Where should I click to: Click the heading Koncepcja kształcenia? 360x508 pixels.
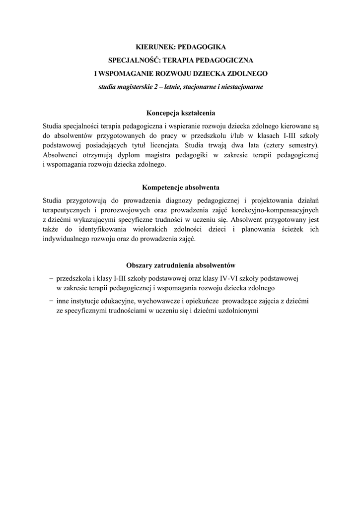click(x=181, y=113)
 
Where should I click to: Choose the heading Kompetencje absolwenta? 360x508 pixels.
click(x=181, y=188)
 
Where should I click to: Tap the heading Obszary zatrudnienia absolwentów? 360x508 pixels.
click(x=181, y=264)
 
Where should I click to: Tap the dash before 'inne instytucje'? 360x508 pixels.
click(x=52, y=301)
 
